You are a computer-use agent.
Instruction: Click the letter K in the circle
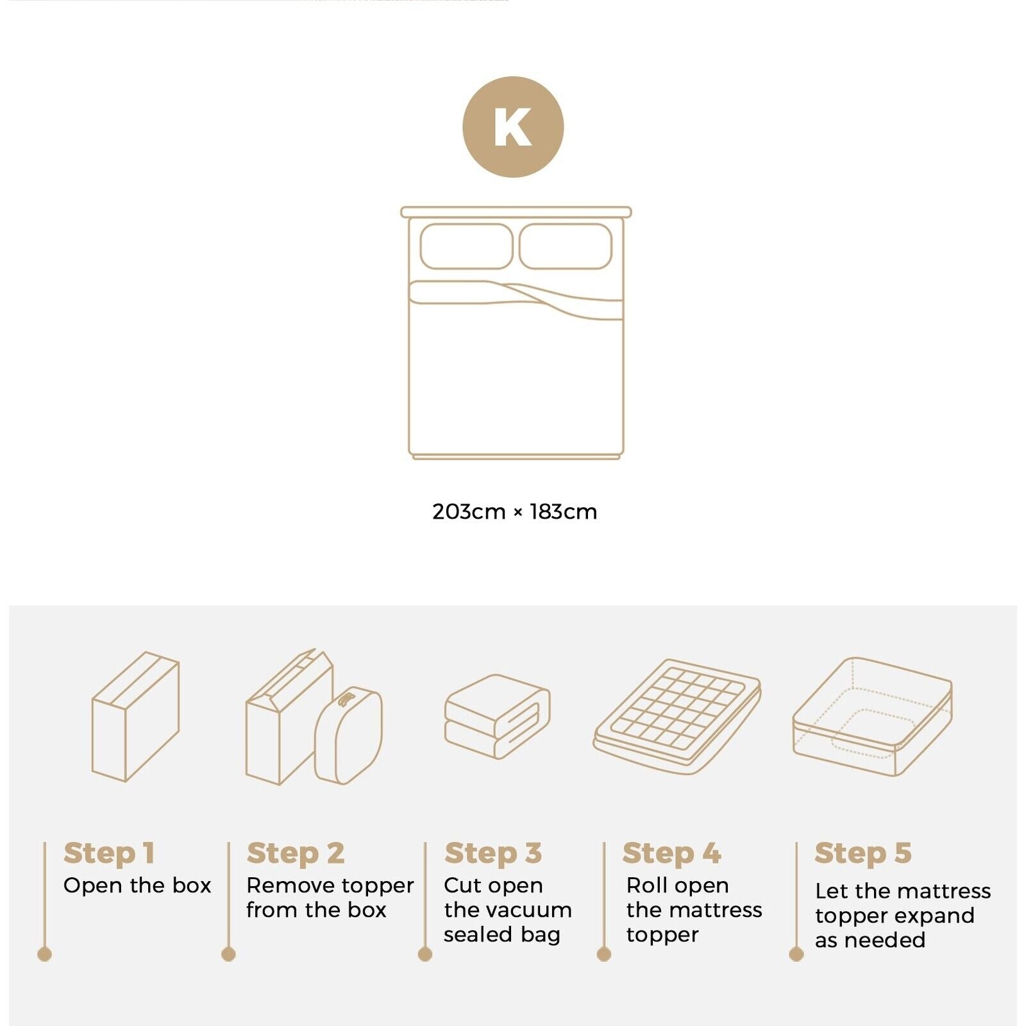click(512, 127)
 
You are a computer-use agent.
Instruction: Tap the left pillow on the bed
click(466, 246)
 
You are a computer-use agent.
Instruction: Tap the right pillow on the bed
click(565, 246)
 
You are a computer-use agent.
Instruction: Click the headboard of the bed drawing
click(516, 212)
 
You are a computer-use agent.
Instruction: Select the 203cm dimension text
click(469, 512)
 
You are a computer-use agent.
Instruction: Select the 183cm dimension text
click(563, 512)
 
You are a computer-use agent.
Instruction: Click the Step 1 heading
click(109, 854)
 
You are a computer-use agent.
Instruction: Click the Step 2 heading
click(296, 854)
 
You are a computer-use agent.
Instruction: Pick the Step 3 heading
click(493, 854)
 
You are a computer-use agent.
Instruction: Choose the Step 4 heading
click(671, 854)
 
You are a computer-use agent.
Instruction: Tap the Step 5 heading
click(862, 854)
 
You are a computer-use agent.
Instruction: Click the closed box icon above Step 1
click(135, 716)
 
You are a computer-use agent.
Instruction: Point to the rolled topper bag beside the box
click(348, 736)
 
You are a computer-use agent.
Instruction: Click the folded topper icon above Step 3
click(497, 716)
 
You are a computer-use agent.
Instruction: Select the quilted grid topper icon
click(677, 715)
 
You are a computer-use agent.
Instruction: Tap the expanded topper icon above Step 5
click(872, 716)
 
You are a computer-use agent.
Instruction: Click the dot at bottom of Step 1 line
click(44, 954)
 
